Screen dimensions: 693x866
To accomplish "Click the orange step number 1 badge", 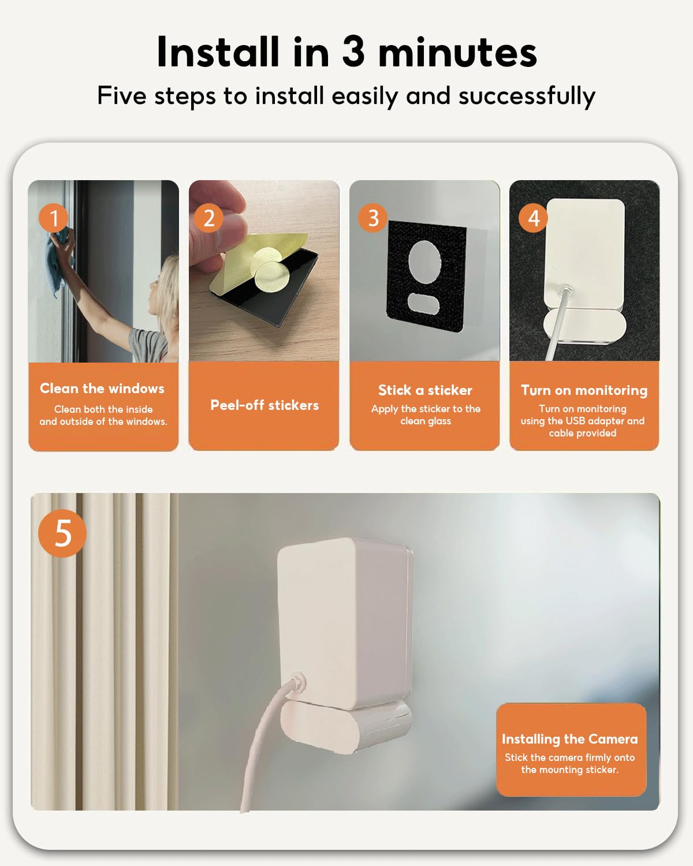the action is pyautogui.click(x=53, y=218).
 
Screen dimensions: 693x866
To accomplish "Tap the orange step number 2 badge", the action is pyautogui.click(x=208, y=218).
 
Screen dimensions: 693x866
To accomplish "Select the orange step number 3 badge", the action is pyautogui.click(x=373, y=218).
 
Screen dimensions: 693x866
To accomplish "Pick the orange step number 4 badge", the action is pyautogui.click(x=533, y=218).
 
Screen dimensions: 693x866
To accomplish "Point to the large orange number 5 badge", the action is pyautogui.click(x=62, y=533).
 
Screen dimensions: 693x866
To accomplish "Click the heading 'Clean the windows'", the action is pyautogui.click(x=102, y=389).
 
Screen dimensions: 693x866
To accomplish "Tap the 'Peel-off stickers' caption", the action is pyautogui.click(x=264, y=405).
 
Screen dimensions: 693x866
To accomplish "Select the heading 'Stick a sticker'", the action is pyautogui.click(x=425, y=390).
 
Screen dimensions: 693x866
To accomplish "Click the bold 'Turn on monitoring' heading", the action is pyautogui.click(x=584, y=390).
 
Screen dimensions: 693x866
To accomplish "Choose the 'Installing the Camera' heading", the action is pyautogui.click(x=570, y=739).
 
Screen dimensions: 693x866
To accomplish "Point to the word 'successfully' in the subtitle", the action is pyautogui.click(x=527, y=96).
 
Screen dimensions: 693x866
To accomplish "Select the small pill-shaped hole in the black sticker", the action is pyautogui.click(x=424, y=303).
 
